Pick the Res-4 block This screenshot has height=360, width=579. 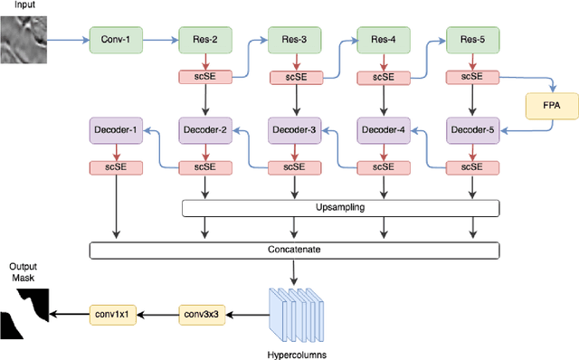click(x=382, y=40)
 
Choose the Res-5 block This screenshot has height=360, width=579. click(x=470, y=40)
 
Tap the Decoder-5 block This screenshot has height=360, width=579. click(x=470, y=129)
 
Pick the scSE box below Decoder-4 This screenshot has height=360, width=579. click(x=382, y=167)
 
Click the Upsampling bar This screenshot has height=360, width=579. click(x=340, y=208)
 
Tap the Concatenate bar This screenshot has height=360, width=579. click(x=295, y=249)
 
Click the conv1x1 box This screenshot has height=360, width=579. click(x=114, y=314)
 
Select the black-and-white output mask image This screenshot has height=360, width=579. click(x=24, y=311)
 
